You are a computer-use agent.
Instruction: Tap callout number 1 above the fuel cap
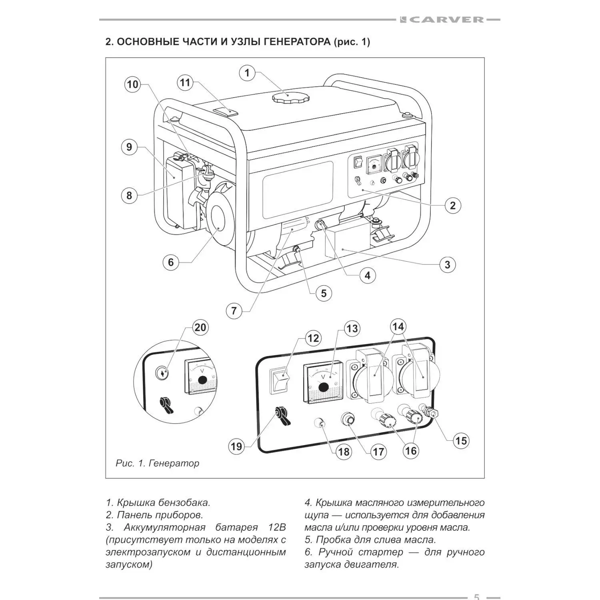[x=247, y=73]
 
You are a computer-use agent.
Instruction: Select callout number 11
[x=185, y=83]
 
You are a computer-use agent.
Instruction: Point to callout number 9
[x=129, y=147]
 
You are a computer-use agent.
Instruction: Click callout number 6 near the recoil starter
[x=171, y=262]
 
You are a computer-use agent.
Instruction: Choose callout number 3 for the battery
[x=447, y=264]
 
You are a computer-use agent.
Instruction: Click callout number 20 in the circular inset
[x=200, y=327]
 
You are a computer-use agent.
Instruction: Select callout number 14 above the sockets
[x=398, y=326]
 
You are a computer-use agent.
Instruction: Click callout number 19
[x=236, y=446]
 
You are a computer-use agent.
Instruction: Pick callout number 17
[x=378, y=452]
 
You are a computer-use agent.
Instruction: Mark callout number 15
[x=461, y=441]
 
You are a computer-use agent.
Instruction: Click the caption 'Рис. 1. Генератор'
[x=157, y=463]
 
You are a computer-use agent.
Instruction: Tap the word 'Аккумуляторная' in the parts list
[x=164, y=527]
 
